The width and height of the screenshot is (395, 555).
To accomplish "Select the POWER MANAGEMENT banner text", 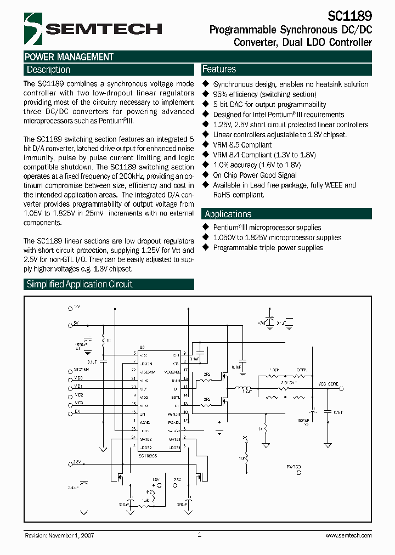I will (x=69, y=57).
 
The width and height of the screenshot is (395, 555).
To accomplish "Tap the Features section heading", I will (x=219, y=69).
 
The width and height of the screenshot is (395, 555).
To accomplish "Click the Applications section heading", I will (x=228, y=214).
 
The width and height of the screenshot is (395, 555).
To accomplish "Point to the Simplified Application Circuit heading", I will (x=80, y=284).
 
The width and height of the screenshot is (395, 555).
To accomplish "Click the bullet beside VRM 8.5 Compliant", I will (x=206, y=145).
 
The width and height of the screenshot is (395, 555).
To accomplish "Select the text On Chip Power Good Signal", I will (x=255, y=175).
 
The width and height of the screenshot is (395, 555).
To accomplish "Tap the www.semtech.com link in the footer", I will (x=347, y=535).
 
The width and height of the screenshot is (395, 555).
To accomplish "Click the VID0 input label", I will (x=78, y=378).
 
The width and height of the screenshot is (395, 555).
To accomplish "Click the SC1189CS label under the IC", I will (x=148, y=456).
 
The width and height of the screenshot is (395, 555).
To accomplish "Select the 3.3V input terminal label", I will (x=76, y=462).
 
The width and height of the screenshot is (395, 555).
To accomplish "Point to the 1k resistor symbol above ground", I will (x=266, y=428).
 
